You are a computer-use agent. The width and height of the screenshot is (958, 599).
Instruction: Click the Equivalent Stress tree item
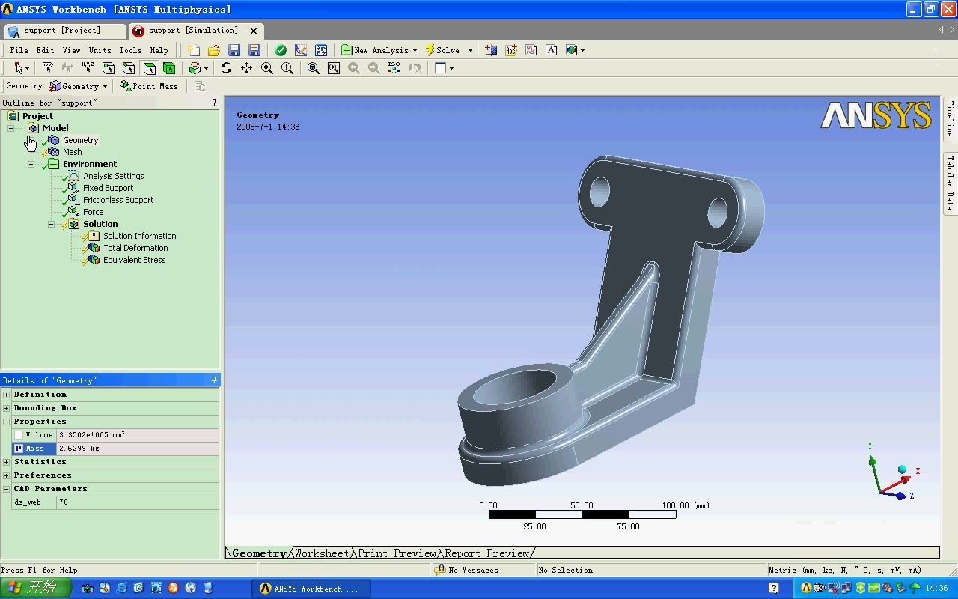(134, 260)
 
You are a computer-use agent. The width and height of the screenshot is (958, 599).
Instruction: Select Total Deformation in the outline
(135, 248)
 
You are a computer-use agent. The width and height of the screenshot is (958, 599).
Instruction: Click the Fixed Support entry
(108, 188)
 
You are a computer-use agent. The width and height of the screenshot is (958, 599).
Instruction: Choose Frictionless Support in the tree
(118, 200)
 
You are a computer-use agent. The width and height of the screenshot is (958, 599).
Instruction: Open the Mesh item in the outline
(73, 152)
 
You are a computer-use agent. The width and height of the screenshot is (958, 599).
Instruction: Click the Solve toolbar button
(443, 50)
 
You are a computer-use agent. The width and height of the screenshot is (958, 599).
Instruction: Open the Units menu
(100, 50)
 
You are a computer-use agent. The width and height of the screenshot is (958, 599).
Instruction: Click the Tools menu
(130, 50)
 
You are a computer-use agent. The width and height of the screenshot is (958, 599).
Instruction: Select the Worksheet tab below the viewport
(322, 553)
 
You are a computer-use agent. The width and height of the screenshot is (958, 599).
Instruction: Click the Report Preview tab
(487, 553)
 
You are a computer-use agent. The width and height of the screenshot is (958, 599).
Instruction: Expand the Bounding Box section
(7, 408)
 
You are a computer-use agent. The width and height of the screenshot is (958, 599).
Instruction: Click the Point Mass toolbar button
(149, 86)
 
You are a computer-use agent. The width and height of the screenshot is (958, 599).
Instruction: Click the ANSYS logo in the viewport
(876, 116)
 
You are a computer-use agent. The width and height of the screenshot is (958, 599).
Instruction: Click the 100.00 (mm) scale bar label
(685, 505)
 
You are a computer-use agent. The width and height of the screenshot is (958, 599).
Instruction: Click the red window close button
(948, 10)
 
